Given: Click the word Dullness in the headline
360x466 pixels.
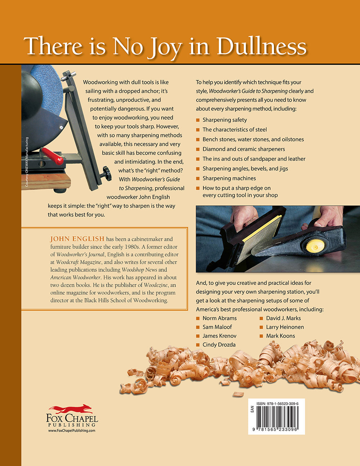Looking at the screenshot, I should point(261,46).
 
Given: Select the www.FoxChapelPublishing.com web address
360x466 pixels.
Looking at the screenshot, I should point(72,430).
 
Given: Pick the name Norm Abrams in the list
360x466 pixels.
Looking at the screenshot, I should point(220,318).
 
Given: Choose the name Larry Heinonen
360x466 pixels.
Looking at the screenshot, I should point(285,327).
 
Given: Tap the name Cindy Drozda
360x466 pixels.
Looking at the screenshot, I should point(219,345).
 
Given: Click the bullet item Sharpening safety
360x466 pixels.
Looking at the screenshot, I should point(225,120).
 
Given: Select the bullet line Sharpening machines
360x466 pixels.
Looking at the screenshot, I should point(229,178).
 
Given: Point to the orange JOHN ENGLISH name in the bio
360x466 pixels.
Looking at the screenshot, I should point(77,239).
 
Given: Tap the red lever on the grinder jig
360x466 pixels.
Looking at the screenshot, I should point(53,156).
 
